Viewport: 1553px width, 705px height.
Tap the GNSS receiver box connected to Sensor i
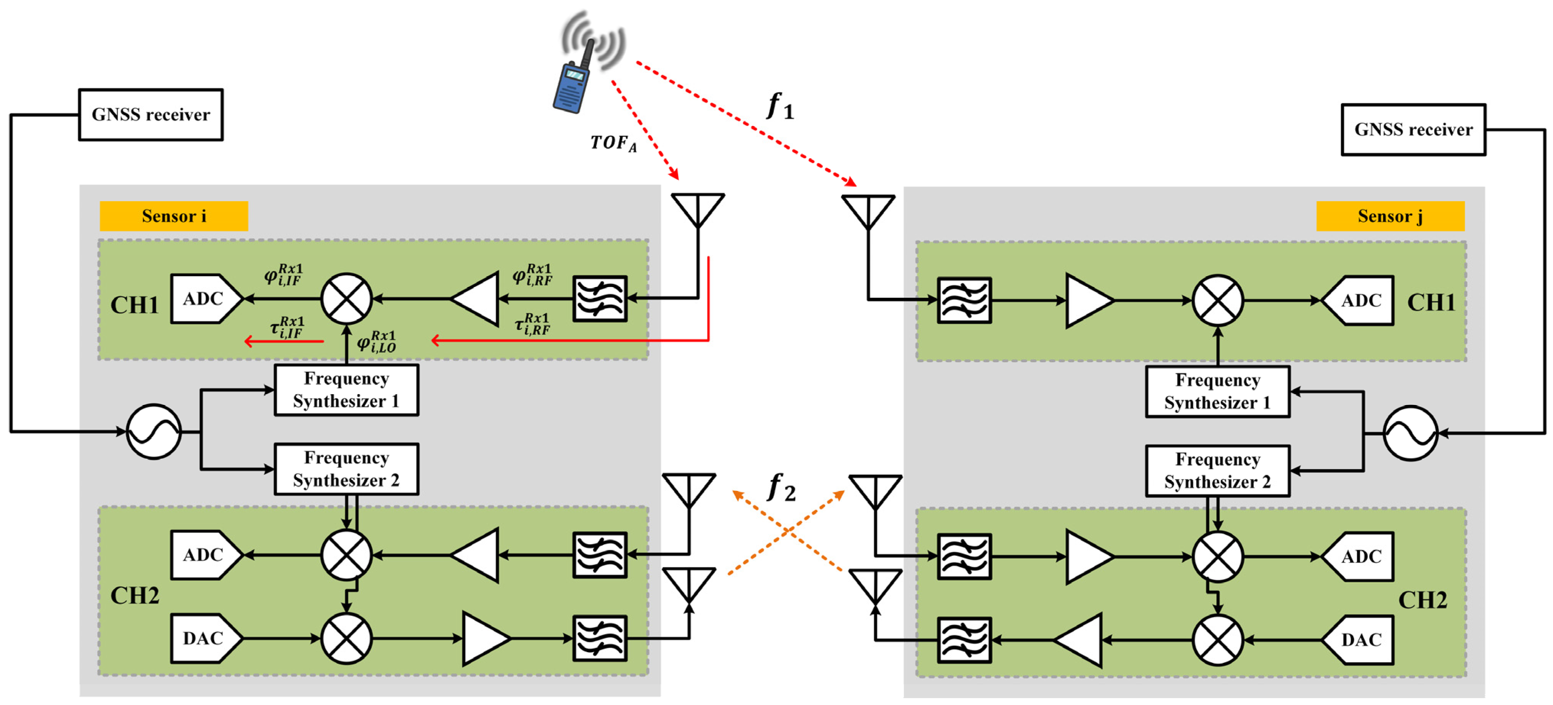click(151, 115)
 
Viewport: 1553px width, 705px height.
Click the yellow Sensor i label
click(174, 216)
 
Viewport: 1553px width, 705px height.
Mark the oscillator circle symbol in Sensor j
click(1410, 433)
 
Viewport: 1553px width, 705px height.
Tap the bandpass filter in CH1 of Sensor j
click(964, 300)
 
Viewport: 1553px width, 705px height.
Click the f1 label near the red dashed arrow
click(780, 107)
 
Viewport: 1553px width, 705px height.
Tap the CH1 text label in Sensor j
click(1431, 302)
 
